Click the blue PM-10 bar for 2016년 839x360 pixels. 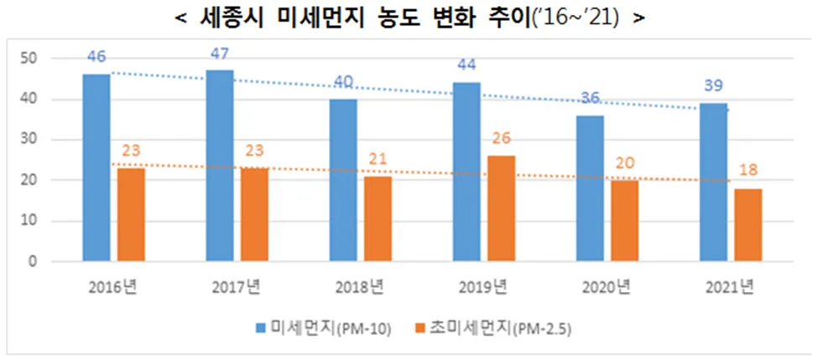click(x=96, y=168)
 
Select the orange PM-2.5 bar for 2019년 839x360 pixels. click(x=502, y=208)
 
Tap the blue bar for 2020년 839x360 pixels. click(x=590, y=188)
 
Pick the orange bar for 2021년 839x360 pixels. click(x=748, y=225)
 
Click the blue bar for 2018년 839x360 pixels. click(x=342, y=180)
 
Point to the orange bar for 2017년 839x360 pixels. click(x=255, y=215)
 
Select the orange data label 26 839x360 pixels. click(x=502, y=139)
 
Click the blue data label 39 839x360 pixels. click(x=714, y=86)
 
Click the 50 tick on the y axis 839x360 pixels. click(x=32, y=59)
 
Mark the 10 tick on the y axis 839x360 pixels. click(x=32, y=221)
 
